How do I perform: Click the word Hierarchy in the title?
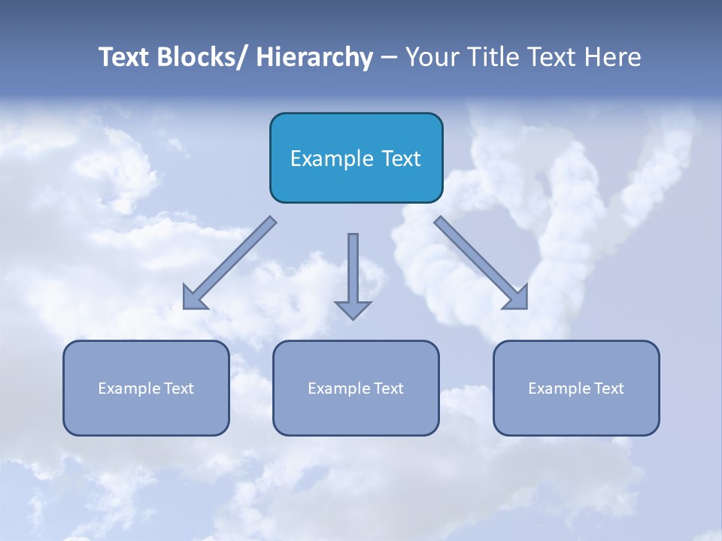(x=314, y=57)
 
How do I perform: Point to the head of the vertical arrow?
(x=353, y=310)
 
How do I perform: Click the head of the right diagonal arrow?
(x=517, y=298)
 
